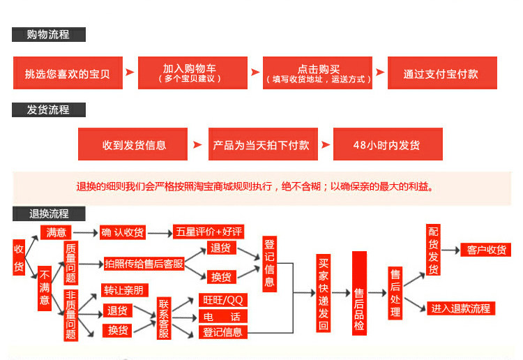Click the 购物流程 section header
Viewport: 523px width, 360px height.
click(x=49, y=34)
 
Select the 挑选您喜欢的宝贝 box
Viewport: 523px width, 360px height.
click(x=68, y=73)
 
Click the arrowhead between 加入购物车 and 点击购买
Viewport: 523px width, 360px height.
click(x=255, y=73)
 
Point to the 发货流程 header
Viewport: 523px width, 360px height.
click(x=49, y=110)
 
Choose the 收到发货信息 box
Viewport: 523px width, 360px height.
click(x=133, y=144)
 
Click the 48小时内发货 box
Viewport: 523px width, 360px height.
click(x=387, y=144)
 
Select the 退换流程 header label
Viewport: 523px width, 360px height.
click(x=49, y=213)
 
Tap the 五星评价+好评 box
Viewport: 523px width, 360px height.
click(x=209, y=232)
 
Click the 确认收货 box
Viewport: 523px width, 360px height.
click(x=123, y=232)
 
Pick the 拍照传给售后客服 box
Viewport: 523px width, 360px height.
click(x=144, y=263)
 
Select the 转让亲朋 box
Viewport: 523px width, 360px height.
click(x=125, y=290)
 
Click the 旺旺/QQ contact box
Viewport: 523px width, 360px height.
click(x=223, y=300)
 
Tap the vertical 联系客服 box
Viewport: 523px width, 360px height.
click(x=164, y=318)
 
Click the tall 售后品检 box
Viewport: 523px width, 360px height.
click(x=359, y=294)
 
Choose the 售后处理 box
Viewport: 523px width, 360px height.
click(x=395, y=293)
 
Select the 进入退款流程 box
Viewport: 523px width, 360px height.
click(x=461, y=308)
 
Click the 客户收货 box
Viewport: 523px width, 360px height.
click(x=486, y=250)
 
